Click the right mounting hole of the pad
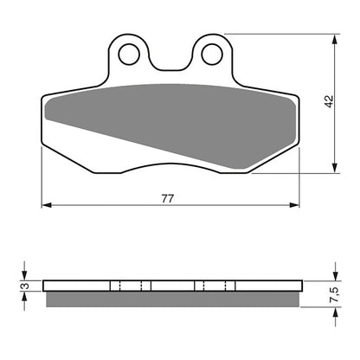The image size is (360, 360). (210, 55)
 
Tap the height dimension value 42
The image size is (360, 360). (328, 102)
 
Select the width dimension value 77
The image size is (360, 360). (168, 198)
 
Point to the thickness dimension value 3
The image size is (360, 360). (25, 286)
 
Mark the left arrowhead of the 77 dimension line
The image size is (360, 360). (47, 206)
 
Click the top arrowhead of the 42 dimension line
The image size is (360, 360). (335, 39)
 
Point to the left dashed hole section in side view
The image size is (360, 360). (131, 286)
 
